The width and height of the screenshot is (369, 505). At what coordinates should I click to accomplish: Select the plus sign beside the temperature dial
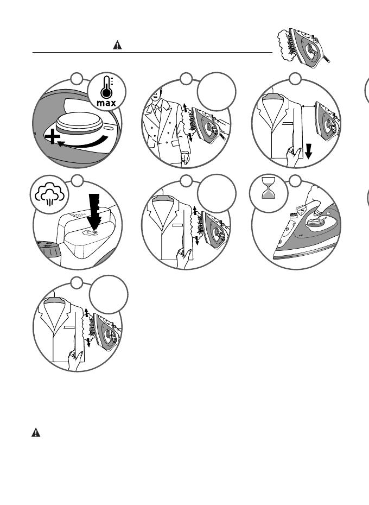[x=52, y=138]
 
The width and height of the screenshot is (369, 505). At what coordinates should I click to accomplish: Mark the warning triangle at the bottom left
[x=35, y=433]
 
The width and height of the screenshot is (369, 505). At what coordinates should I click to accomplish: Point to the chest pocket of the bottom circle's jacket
[x=69, y=329]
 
